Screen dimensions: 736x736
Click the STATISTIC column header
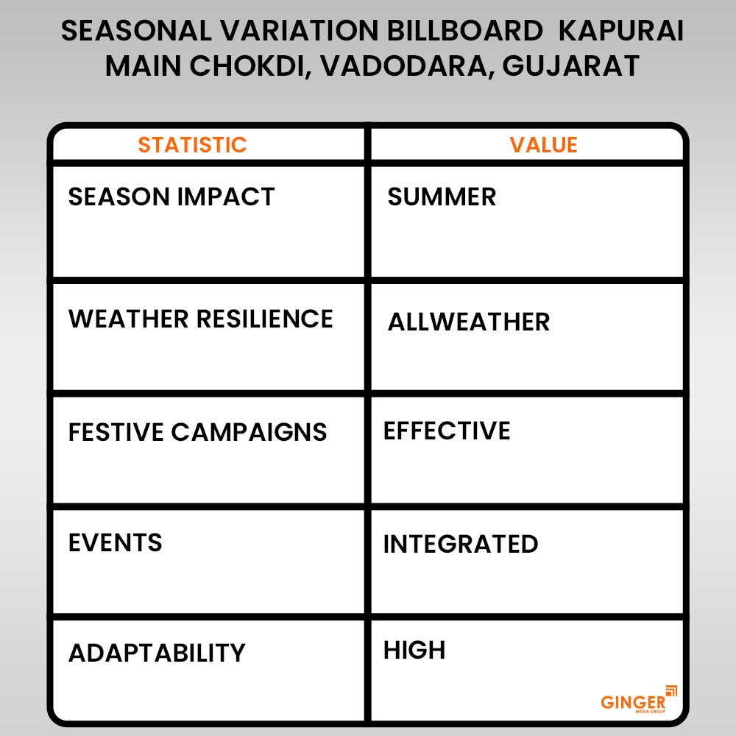(x=192, y=144)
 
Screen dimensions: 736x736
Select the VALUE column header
(x=544, y=144)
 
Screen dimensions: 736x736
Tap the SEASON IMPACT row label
(x=171, y=197)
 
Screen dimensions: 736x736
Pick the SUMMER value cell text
(x=442, y=197)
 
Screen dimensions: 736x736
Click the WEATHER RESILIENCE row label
(x=201, y=319)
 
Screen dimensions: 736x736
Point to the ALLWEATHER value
(x=469, y=322)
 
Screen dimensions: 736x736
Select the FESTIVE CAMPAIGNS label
(x=197, y=432)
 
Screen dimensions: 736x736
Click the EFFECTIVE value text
(x=447, y=431)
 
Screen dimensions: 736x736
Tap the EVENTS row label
(x=116, y=542)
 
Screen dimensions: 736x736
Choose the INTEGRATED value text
(x=461, y=544)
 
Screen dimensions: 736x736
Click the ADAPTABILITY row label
(x=157, y=653)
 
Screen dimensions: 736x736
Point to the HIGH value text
(x=414, y=650)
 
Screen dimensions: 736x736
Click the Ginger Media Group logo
(x=639, y=700)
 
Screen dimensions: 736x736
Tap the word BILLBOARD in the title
(x=464, y=31)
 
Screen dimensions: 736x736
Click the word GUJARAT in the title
(x=571, y=66)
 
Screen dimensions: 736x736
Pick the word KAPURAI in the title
(x=621, y=31)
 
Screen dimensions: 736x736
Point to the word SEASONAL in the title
(x=137, y=31)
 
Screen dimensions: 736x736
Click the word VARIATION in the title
(x=300, y=31)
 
